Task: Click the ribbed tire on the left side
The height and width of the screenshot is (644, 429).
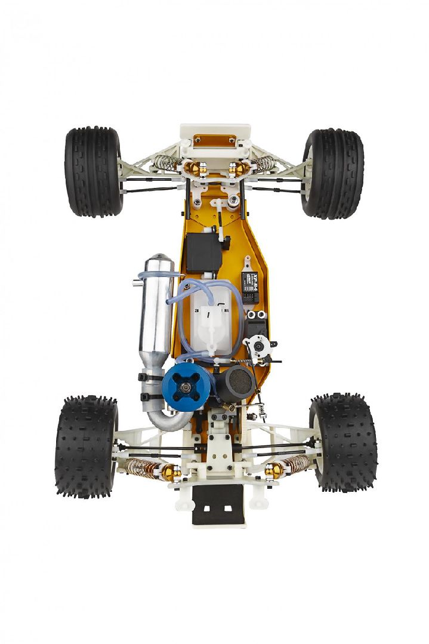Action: [x=94, y=171]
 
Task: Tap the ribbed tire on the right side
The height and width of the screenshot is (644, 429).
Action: [x=332, y=173]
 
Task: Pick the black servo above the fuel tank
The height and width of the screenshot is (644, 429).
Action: [x=204, y=252]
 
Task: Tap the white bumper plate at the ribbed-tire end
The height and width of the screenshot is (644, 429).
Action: [x=215, y=140]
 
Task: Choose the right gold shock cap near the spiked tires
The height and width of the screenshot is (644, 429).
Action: [x=274, y=471]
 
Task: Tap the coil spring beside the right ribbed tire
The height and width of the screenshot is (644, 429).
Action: [x=263, y=162]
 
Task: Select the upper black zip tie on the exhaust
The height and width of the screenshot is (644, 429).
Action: [x=152, y=377]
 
